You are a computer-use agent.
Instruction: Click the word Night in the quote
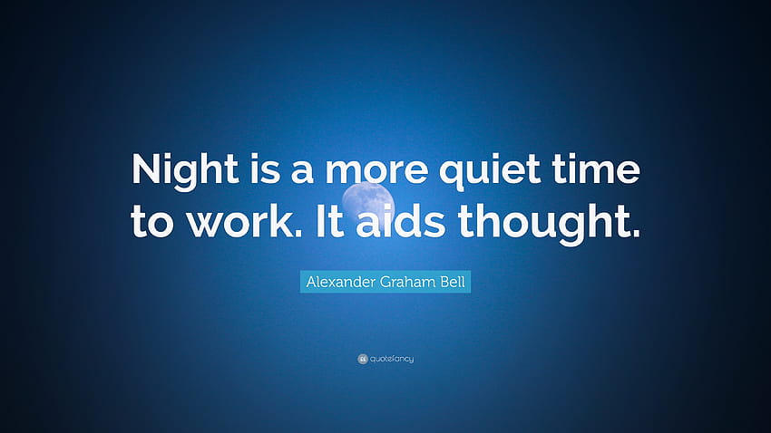coord(185,169)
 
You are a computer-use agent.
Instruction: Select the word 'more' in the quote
coord(376,171)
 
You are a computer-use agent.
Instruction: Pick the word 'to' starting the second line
coord(152,223)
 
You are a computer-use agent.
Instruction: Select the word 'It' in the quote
coord(329,221)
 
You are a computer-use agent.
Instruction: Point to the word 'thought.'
coord(550,224)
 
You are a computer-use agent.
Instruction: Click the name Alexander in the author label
coord(341,282)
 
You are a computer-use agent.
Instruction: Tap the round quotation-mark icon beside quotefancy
coord(363,359)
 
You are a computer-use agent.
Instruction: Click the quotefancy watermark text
coord(392,359)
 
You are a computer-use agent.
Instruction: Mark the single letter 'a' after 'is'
coord(302,171)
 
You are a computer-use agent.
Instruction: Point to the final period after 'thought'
coord(636,234)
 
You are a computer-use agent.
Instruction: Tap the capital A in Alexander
coord(311,282)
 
